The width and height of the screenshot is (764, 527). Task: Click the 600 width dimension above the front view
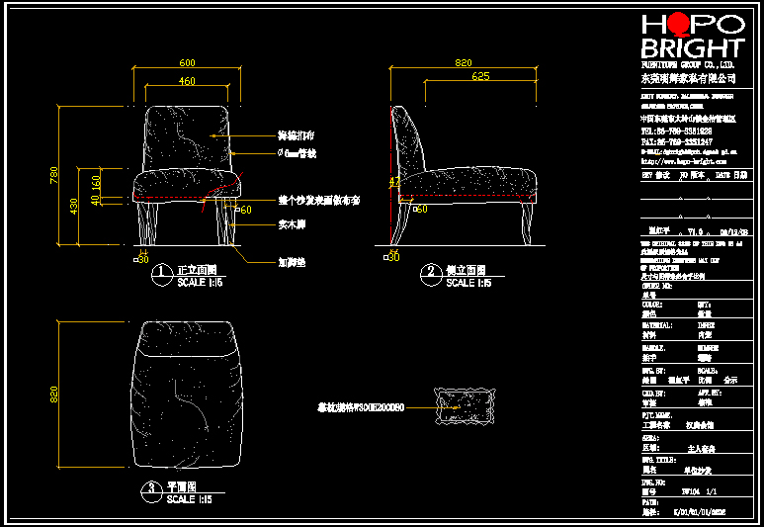[187, 61]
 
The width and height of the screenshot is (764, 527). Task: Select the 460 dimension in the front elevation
[187, 80]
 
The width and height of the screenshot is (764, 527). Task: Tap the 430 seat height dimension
[72, 206]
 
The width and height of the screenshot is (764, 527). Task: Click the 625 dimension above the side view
[480, 76]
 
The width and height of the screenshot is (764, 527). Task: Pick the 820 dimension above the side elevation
[463, 61]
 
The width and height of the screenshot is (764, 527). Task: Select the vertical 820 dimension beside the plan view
[54, 395]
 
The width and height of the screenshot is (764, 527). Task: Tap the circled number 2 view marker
[430, 274]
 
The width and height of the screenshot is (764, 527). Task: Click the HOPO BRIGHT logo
[691, 37]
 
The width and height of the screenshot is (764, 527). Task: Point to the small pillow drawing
[465, 405]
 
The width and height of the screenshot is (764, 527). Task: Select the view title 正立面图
[196, 269]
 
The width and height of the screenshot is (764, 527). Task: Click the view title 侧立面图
[466, 269]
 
